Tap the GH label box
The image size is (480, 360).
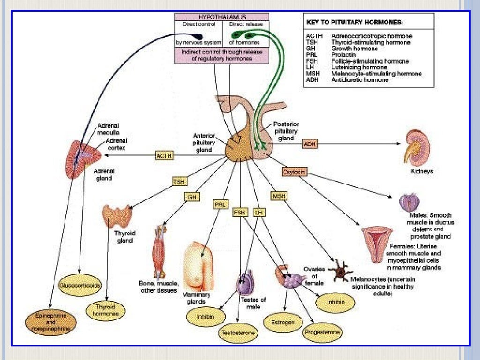pyautogui.click(x=192, y=197)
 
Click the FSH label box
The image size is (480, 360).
pyautogui.click(x=240, y=212)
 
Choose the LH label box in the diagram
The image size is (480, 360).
pyautogui.click(x=258, y=212)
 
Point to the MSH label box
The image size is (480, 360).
pyautogui.click(x=278, y=195)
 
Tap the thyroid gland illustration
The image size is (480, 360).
pyautogui.click(x=117, y=216)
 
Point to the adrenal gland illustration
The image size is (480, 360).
pyautogui.click(x=84, y=159)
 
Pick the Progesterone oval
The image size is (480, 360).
pyautogui.click(x=322, y=333)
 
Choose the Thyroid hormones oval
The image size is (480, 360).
pyautogui.click(x=105, y=310)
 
